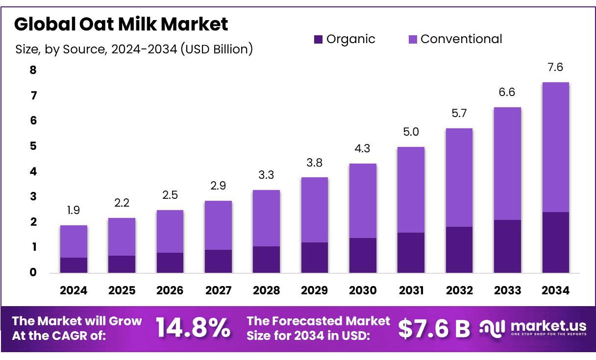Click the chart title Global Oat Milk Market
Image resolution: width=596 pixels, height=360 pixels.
pos(121,24)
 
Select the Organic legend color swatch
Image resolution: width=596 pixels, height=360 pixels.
pos(318,40)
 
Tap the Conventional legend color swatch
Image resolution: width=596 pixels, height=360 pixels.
pos(412,40)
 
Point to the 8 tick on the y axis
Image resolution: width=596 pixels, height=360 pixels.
pos(33,70)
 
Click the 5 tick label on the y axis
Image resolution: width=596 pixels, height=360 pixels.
pos(33,146)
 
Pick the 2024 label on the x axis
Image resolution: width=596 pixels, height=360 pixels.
pos(74,290)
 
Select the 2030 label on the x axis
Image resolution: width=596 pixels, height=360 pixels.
pos(363,290)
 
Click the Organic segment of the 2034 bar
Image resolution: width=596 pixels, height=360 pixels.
pos(555,242)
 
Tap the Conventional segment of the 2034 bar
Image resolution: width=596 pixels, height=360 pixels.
pos(555,147)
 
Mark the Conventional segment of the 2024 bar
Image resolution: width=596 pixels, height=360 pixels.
pos(74,241)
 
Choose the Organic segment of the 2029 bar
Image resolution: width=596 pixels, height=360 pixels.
pos(314,258)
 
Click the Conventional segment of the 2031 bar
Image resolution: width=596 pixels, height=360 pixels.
pos(411,190)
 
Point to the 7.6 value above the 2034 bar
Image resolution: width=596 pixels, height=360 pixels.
pos(555,68)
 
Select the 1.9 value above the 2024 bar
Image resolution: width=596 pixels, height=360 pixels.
pos(74,211)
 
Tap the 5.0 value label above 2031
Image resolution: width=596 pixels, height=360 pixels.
pos(411,132)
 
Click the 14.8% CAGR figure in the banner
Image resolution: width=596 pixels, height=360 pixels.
pos(193,328)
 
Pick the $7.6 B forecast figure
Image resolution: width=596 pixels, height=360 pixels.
pos(434,328)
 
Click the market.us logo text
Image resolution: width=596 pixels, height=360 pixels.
pos(547,325)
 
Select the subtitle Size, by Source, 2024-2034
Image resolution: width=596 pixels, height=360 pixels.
pos(134,49)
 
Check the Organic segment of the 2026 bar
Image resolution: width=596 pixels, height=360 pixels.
pos(170,263)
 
